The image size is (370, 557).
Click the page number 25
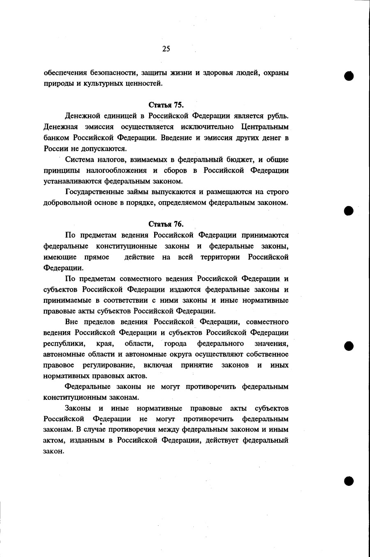click(166, 49)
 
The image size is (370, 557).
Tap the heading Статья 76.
click(166, 224)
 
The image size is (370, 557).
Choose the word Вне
click(72, 322)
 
